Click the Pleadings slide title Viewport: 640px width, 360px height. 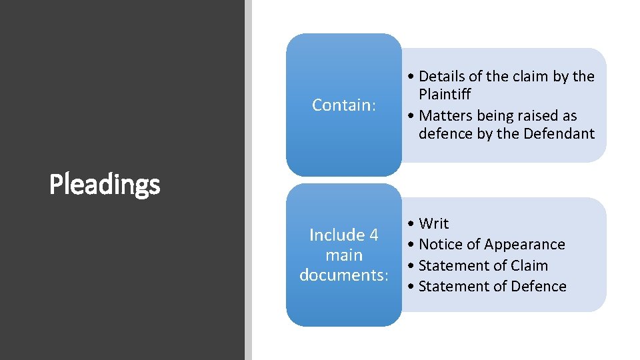tap(105, 185)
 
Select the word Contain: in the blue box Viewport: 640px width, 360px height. tap(344, 105)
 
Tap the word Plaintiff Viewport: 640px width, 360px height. tap(445, 95)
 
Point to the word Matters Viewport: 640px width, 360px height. tap(446, 116)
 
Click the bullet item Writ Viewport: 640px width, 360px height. tap(433, 223)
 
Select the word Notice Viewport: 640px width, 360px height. tap(440, 245)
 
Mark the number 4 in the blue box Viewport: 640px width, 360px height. tap(373, 235)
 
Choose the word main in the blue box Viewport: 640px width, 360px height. tap(344, 255)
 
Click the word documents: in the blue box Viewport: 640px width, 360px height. tap(344, 275)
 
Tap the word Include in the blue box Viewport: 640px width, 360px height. tap(337, 235)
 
